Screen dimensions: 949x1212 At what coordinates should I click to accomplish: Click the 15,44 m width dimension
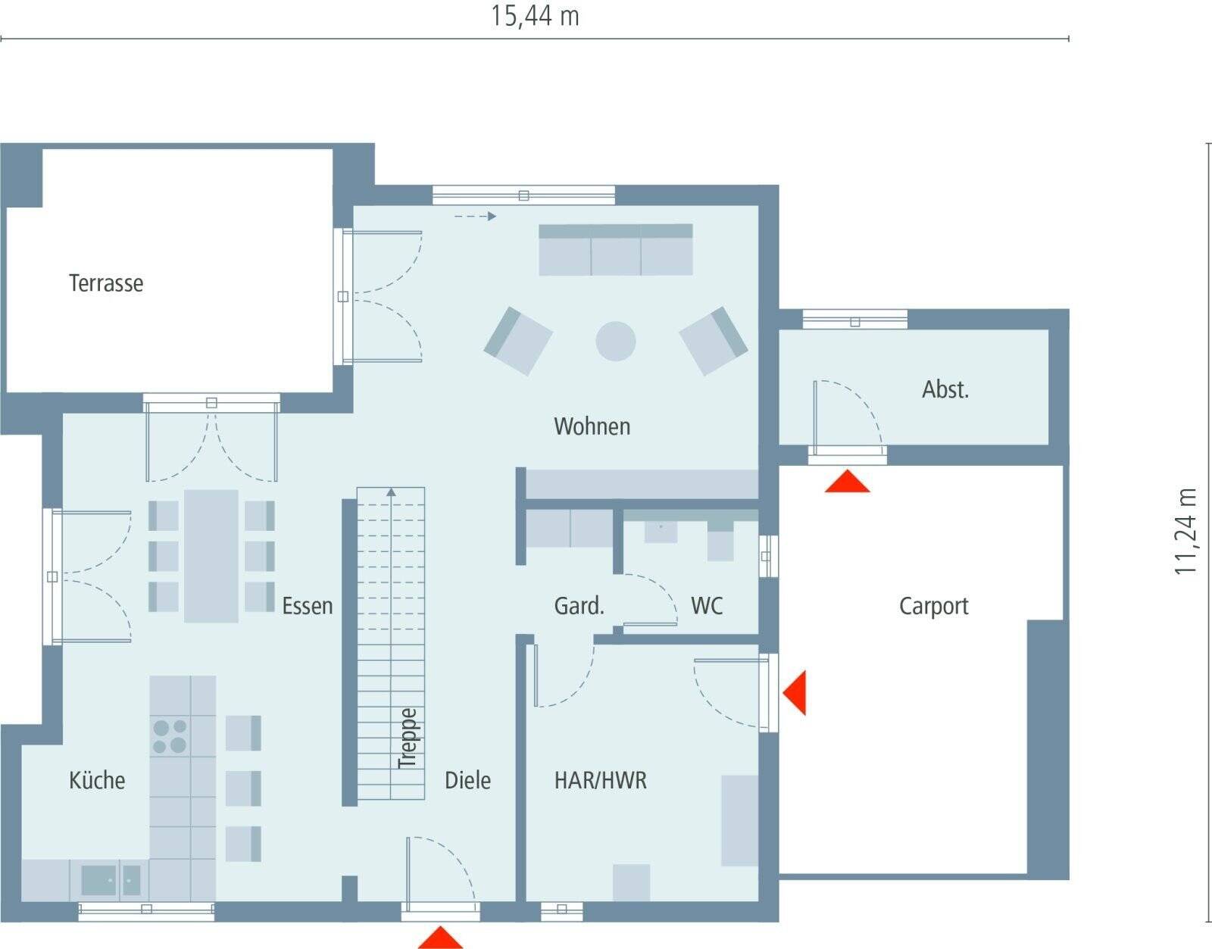tap(535, 16)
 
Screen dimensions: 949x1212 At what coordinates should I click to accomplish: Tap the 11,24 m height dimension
tap(1185, 531)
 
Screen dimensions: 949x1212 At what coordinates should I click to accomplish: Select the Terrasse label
tap(106, 283)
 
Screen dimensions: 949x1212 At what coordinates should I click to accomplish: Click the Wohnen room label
tap(592, 426)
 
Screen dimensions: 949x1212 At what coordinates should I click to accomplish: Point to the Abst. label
tap(945, 389)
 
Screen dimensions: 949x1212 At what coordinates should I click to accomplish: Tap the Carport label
tap(933, 606)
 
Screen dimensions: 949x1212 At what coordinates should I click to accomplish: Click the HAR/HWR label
tap(601, 780)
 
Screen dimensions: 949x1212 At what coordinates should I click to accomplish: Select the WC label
tap(706, 606)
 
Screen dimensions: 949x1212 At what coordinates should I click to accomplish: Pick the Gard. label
tap(579, 606)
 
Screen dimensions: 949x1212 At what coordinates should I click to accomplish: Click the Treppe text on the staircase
tap(408, 738)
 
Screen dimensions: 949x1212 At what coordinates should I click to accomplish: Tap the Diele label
tap(467, 780)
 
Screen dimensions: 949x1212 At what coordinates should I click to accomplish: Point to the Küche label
tap(97, 780)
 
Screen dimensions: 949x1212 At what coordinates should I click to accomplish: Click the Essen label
tap(307, 606)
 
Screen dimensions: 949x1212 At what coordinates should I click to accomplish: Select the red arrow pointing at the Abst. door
tap(847, 482)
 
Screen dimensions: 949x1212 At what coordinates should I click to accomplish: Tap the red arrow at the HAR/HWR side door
tap(795, 692)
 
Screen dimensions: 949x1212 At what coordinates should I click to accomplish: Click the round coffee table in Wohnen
tap(615, 341)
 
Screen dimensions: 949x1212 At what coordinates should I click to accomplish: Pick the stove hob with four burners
tap(170, 736)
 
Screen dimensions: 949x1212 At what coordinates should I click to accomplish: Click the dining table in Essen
tap(211, 556)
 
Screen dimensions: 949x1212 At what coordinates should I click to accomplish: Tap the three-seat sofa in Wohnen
tap(616, 250)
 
